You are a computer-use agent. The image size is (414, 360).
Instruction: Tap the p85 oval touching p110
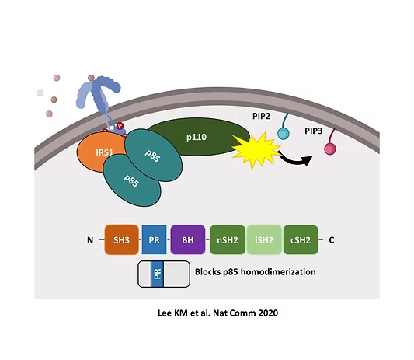tap(153, 156)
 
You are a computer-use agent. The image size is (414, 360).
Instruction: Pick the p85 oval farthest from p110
tap(131, 181)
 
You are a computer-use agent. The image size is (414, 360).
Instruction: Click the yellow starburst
tap(255, 151)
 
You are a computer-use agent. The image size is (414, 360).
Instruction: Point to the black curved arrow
tap(296, 159)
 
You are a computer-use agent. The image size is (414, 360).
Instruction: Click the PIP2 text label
tap(262, 116)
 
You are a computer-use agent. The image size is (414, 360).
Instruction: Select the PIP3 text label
tap(314, 131)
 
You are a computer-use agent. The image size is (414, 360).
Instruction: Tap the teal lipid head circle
tap(284, 134)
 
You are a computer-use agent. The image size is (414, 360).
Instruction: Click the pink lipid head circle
tap(330, 149)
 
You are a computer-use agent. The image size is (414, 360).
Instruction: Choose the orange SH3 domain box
tap(122, 239)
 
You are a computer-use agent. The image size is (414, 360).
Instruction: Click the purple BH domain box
tap(188, 239)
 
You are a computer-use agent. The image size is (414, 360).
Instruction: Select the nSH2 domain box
tap(228, 239)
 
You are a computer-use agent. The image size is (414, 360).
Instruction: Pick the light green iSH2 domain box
tap(264, 239)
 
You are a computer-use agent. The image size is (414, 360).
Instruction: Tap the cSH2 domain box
tap(301, 239)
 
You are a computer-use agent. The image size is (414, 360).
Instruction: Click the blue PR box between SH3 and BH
tap(155, 239)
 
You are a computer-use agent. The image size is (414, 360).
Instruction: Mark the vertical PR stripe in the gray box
tap(158, 274)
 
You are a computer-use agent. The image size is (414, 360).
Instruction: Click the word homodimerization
tap(278, 272)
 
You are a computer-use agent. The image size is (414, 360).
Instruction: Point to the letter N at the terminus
tap(90, 240)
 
